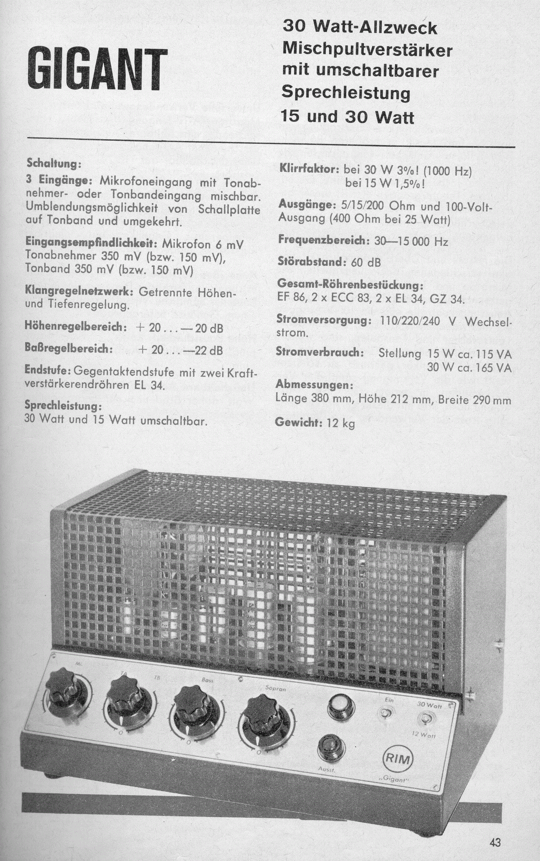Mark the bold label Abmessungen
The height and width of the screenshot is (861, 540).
pyautogui.click(x=314, y=385)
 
